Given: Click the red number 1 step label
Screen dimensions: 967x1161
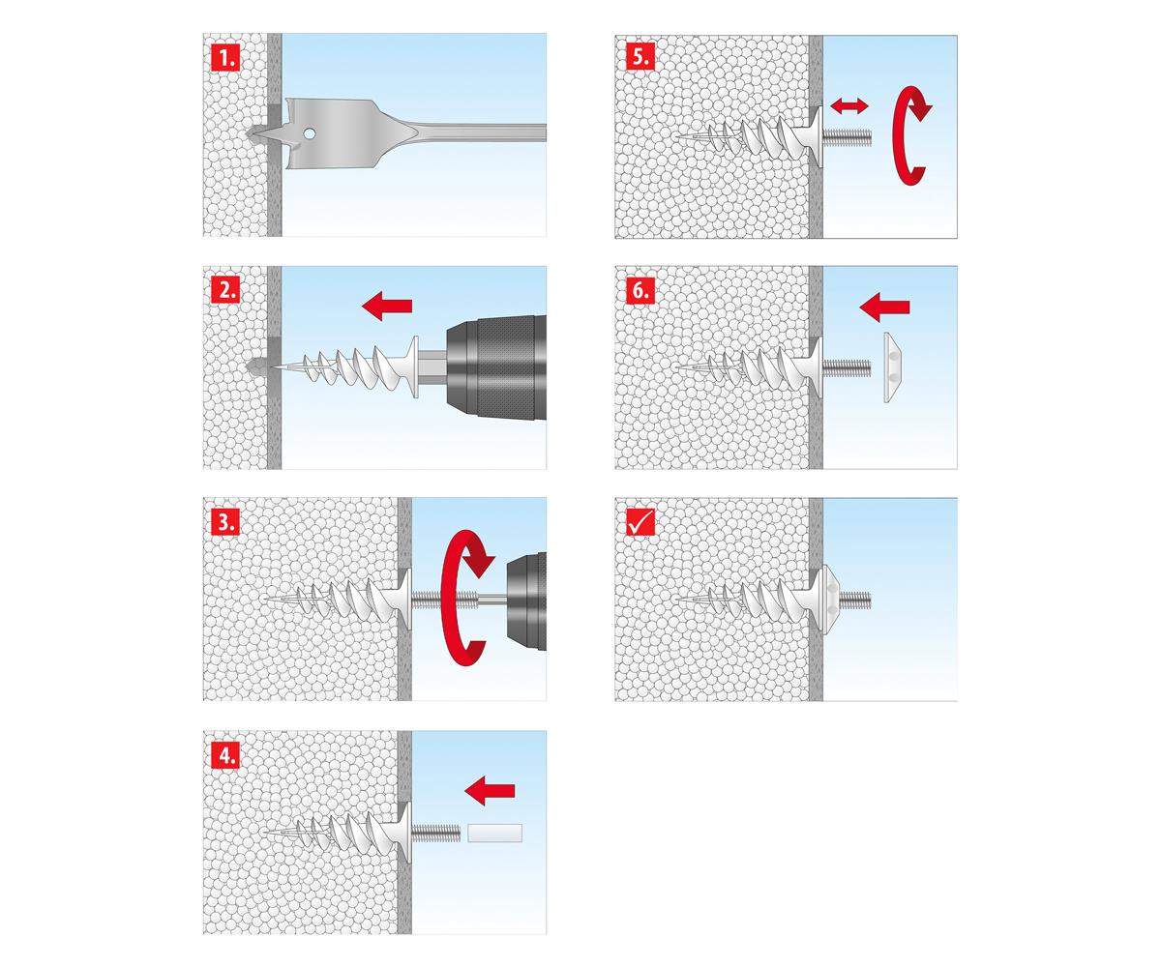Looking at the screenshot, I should click(x=225, y=57).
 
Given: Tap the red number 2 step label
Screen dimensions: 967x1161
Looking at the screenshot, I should click(x=225, y=289).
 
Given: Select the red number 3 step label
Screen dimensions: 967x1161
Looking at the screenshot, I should click(x=225, y=522).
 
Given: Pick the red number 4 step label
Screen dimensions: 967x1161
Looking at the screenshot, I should click(x=225, y=754).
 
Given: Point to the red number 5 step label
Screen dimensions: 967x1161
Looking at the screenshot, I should click(x=640, y=57).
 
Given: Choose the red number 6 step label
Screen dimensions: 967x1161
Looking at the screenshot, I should click(x=640, y=289).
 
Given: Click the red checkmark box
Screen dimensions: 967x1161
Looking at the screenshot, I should click(x=640, y=522).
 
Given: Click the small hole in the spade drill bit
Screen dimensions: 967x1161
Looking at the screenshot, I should click(x=309, y=133).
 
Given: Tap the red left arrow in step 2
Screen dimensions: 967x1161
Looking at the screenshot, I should click(x=387, y=307).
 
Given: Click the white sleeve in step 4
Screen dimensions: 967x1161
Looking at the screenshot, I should click(x=494, y=833).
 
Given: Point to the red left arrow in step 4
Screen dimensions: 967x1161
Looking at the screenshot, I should click(x=490, y=790).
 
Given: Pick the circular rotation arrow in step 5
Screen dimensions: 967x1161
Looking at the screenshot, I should click(x=909, y=135).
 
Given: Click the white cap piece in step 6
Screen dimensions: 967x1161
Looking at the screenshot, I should click(x=892, y=368).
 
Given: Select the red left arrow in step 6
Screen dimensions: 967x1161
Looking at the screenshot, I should click(x=884, y=308).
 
